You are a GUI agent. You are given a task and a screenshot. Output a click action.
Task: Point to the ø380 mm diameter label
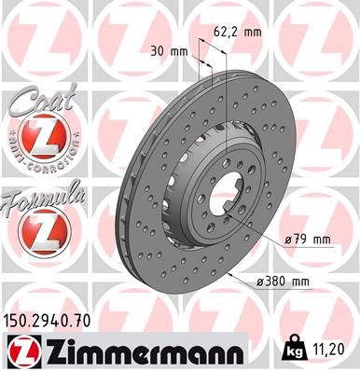coord(288,282)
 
